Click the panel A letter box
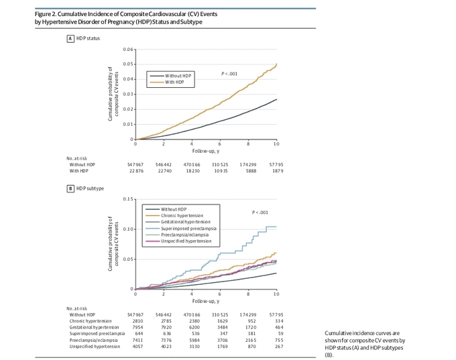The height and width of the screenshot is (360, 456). [x=70, y=38]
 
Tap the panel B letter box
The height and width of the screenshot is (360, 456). [x=70, y=188]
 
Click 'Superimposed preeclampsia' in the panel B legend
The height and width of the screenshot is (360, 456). [x=186, y=229]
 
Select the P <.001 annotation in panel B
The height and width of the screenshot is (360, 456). [x=260, y=213]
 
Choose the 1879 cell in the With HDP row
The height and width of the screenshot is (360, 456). [x=278, y=170]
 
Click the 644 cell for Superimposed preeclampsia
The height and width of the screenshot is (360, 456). [x=139, y=333]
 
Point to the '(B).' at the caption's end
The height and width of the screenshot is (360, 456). [x=329, y=355]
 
